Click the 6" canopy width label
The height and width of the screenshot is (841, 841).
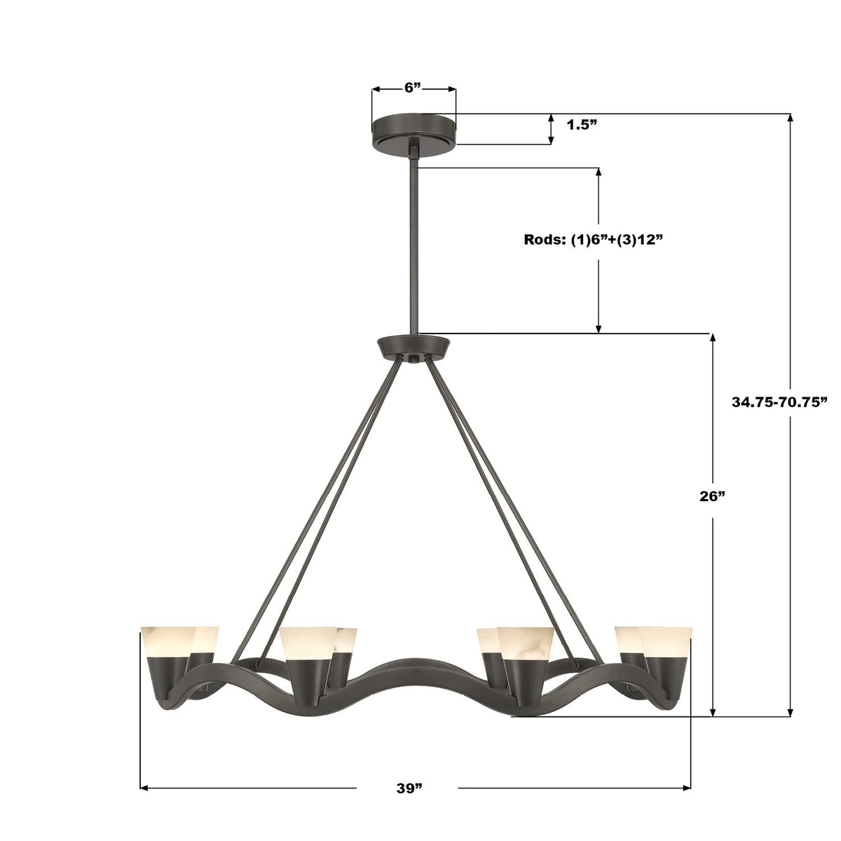click(x=413, y=88)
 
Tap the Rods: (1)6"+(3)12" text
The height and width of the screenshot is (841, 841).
click(x=593, y=239)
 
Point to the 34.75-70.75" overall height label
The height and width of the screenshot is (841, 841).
click(x=779, y=402)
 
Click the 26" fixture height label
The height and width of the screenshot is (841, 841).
click(x=711, y=496)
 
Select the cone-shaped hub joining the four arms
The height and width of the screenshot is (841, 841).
click(x=413, y=348)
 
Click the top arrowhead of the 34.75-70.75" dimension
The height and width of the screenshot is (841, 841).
click(x=791, y=118)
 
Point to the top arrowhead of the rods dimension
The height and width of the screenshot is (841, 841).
click(x=599, y=172)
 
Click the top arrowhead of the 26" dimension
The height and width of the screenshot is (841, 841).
click(x=713, y=338)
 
